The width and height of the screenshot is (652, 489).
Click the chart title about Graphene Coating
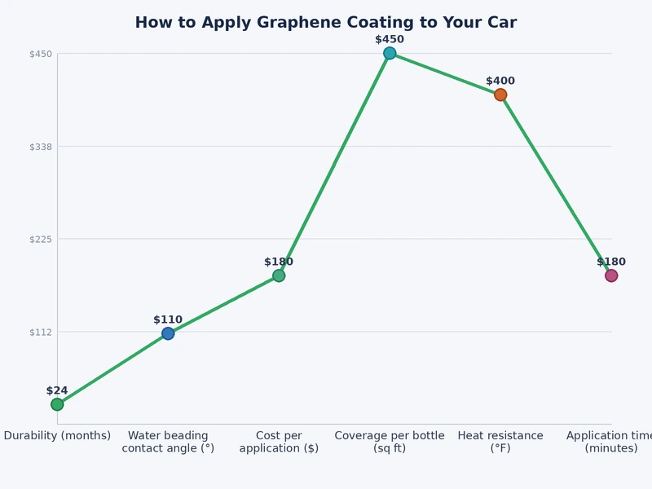[325, 23]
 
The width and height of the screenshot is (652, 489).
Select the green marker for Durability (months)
[57, 404]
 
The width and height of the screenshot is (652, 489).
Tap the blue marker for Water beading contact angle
[168, 333]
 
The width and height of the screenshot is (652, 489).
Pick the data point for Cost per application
[279, 275]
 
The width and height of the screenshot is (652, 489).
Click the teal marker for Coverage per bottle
[390, 53]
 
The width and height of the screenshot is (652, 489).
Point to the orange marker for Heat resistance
[500, 95]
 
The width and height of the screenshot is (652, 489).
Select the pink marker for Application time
[611, 275]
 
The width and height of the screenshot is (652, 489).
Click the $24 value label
[57, 390]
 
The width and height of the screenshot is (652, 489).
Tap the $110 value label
[168, 319]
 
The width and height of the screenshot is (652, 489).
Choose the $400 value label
[500, 81]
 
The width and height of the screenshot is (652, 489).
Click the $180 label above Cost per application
[279, 262]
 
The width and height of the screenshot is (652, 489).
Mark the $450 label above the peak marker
[390, 39]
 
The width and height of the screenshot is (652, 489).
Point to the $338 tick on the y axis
[41, 147]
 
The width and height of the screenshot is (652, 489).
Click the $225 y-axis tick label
[41, 239]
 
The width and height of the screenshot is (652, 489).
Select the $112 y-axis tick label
[41, 332]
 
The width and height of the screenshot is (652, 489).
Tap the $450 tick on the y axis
[41, 54]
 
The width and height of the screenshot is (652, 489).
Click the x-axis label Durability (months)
[57, 436]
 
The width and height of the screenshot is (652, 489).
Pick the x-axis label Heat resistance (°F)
[500, 442]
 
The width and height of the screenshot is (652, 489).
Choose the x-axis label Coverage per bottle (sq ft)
[390, 442]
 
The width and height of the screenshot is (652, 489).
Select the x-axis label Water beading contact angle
[168, 442]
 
